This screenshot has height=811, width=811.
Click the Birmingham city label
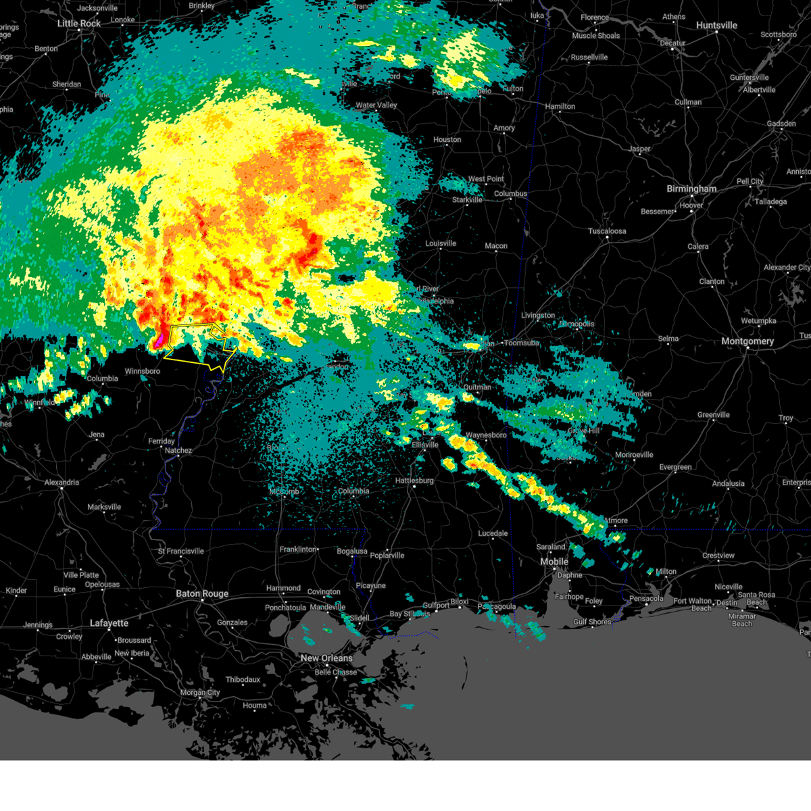click(x=691, y=189)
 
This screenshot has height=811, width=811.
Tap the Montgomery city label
click(x=747, y=341)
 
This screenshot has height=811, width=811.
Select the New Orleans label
click(x=326, y=658)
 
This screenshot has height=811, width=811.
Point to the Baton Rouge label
click(x=202, y=594)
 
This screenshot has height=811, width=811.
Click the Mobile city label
click(x=554, y=562)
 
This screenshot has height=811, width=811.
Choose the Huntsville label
click(x=716, y=26)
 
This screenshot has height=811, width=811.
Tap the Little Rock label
click(x=79, y=24)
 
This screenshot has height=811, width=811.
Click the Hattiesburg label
click(x=414, y=481)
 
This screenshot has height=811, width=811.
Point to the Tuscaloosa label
click(x=607, y=231)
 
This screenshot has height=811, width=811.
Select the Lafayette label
click(x=109, y=623)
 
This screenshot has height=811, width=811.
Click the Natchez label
click(x=178, y=451)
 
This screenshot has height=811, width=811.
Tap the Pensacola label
click(x=646, y=598)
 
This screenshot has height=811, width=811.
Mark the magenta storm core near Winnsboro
click(x=159, y=340)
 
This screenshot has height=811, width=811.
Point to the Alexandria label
click(x=62, y=483)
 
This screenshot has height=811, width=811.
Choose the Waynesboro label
click(x=486, y=435)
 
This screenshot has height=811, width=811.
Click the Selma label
click(x=668, y=339)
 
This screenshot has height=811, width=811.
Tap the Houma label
click(x=255, y=706)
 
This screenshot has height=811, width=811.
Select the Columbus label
click(x=510, y=194)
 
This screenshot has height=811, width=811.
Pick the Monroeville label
click(x=634, y=455)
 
